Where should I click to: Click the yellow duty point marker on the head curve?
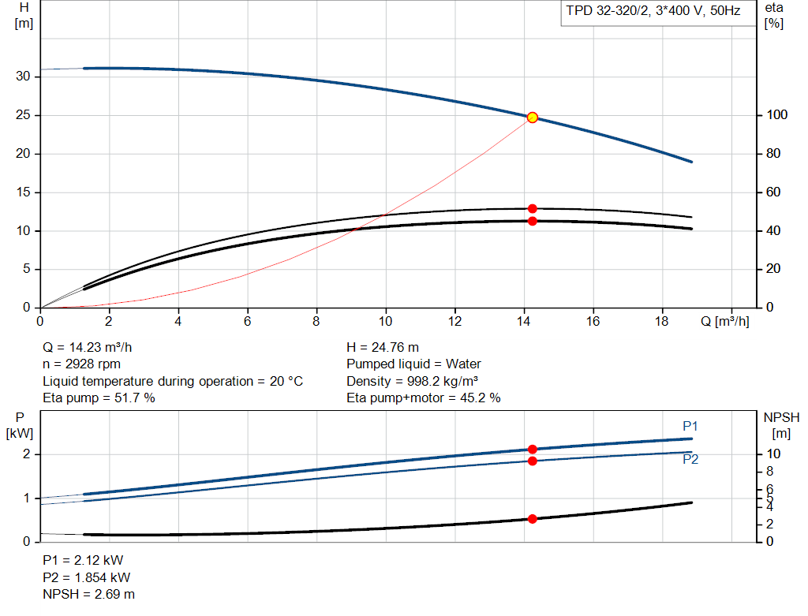532,118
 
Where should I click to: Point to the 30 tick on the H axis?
24,77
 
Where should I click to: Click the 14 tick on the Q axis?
524,321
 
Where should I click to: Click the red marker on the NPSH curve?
532,519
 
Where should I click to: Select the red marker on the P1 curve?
532,449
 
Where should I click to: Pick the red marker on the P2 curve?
532,461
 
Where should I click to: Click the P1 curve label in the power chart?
690,426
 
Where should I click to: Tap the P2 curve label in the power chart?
690,460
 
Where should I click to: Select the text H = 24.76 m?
383,347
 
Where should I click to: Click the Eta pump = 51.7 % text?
99,398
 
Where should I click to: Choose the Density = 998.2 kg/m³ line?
412,381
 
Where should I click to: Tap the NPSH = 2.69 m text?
88,594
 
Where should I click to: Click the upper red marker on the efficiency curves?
532,209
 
